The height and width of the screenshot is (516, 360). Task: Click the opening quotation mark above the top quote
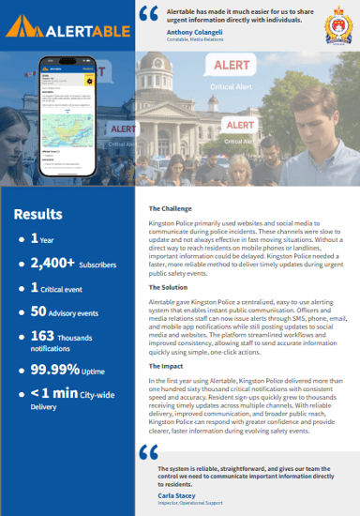[147, 13]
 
